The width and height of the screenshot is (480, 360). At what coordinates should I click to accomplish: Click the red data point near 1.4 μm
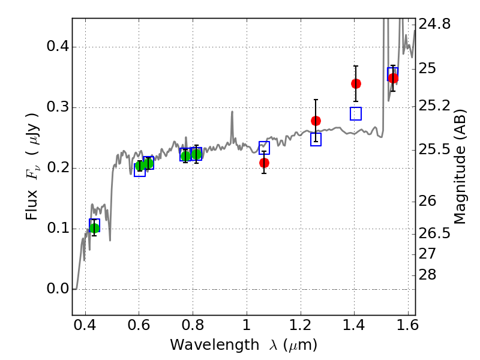pos(356,83)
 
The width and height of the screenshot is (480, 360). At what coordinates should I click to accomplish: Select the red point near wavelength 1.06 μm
pos(264,163)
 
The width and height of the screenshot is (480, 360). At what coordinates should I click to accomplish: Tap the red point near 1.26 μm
pos(316,121)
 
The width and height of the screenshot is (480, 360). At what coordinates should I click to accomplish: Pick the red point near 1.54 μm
pos(393,78)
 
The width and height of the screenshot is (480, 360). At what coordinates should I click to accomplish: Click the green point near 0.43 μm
pos(94,228)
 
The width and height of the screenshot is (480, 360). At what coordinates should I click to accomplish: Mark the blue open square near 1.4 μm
pos(356,113)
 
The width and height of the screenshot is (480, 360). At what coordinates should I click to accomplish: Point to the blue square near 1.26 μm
pos(316,139)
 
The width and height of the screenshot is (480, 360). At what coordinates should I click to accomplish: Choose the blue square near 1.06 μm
pos(264,148)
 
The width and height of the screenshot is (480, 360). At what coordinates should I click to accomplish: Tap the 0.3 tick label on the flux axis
pos(57,107)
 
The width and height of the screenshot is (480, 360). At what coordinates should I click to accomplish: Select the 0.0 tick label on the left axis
pos(57,289)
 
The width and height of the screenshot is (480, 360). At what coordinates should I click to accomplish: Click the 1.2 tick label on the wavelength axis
pos(301,325)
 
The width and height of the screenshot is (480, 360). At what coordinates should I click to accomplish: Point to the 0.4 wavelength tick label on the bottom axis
pos(85,325)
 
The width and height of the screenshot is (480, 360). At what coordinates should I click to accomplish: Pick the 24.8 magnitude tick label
pos(434,24)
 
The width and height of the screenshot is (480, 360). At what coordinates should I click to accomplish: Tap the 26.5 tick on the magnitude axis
pos(434,233)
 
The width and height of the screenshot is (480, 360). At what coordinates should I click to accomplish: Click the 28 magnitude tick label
pos(427,275)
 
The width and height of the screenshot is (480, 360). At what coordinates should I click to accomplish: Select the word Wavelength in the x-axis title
pos(215,345)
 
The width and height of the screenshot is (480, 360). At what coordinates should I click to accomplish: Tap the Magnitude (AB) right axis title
pos(460,167)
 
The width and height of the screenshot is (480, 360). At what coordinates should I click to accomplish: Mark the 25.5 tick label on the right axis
pos(434,149)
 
